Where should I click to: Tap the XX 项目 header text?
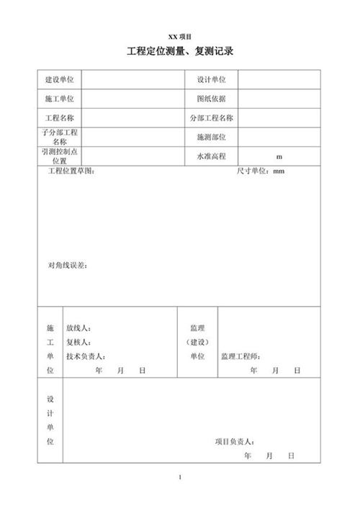pyautogui.click(x=180, y=35)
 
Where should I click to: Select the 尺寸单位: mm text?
pyautogui.click(x=261, y=171)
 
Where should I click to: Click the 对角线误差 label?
pyautogui.click(x=68, y=266)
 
